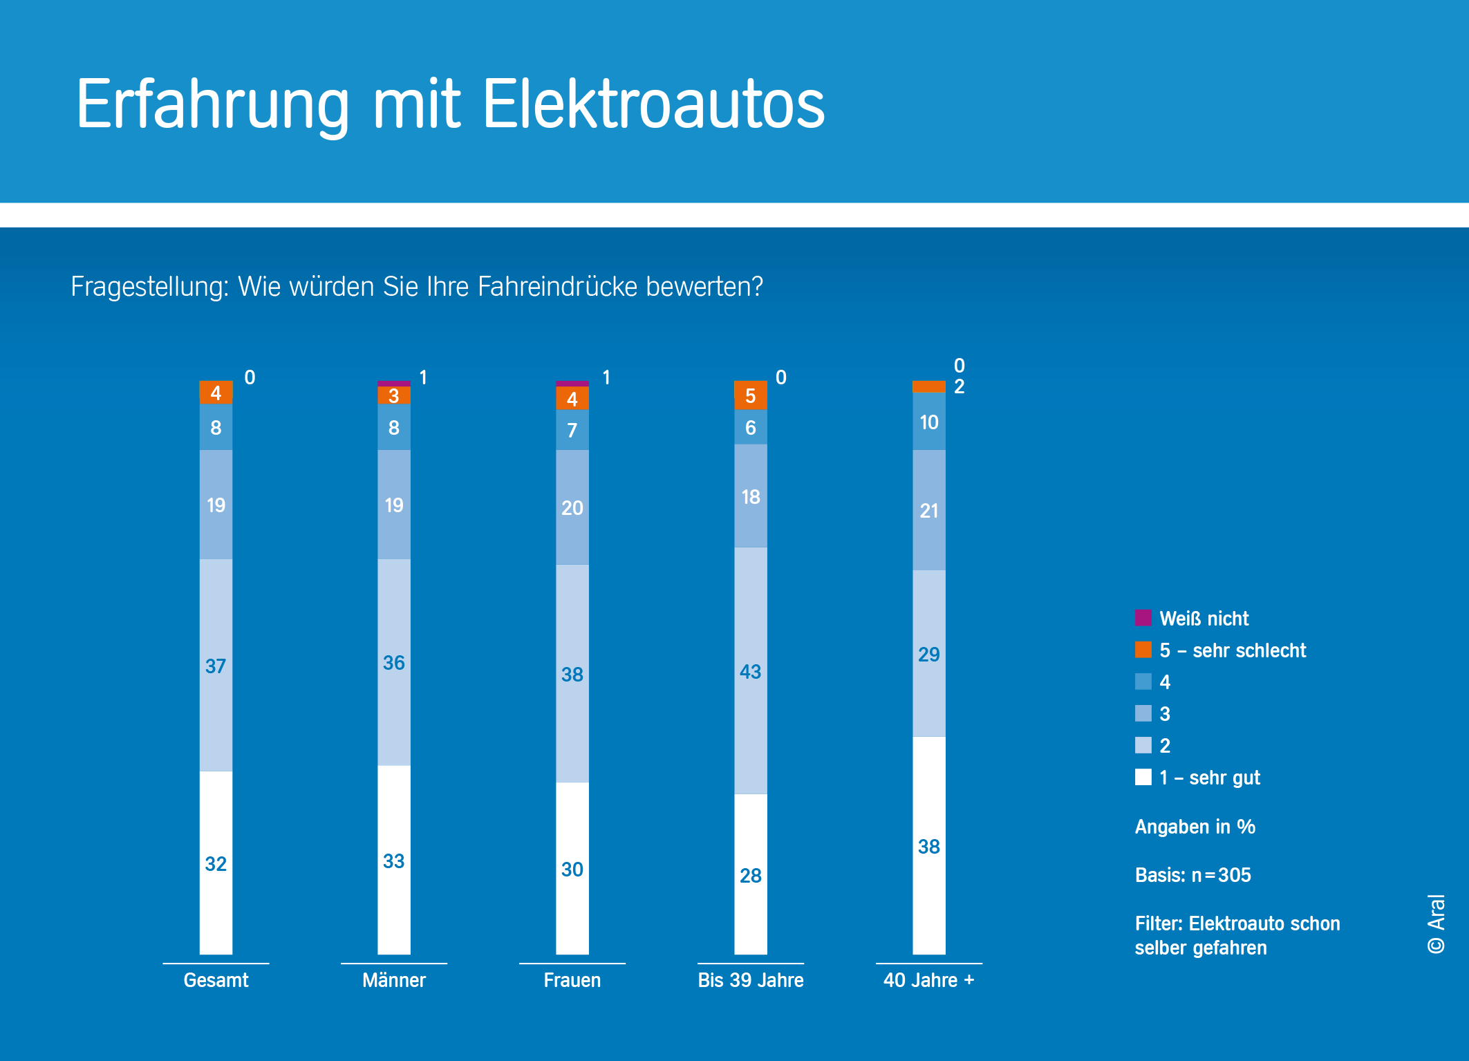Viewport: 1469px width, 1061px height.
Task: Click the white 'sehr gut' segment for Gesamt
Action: coord(216,863)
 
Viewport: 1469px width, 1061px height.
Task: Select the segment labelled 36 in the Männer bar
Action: coord(394,662)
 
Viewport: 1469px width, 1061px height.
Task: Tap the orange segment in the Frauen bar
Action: coord(572,398)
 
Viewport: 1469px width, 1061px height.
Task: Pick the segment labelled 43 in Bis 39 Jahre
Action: coord(751,670)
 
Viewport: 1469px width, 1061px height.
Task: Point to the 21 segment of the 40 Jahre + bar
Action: coord(929,510)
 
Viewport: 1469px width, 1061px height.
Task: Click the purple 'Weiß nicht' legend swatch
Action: coord(1143,618)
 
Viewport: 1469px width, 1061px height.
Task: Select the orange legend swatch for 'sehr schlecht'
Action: coord(1143,650)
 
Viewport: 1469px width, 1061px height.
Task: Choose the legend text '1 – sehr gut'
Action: coord(1210,778)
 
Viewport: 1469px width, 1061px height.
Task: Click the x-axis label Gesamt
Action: coord(216,980)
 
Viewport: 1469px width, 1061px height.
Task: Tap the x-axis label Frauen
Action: coord(572,980)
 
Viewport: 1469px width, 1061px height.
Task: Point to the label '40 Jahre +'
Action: coord(929,980)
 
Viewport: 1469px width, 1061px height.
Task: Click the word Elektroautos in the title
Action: coord(653,104)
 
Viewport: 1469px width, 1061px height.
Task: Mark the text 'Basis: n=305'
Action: coord(1193,875)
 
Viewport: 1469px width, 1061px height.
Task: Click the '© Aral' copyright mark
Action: coord(1437,923)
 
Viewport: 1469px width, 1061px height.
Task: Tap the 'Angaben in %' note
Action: coord(1195,827)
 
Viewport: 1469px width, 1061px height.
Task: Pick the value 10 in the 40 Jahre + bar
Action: coord(929,422)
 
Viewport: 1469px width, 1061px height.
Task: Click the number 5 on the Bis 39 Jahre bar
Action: coord(751,395)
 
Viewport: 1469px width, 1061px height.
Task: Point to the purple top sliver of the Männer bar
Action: coord(394,384)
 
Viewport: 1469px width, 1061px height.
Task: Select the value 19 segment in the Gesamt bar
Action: coord(216,505)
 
